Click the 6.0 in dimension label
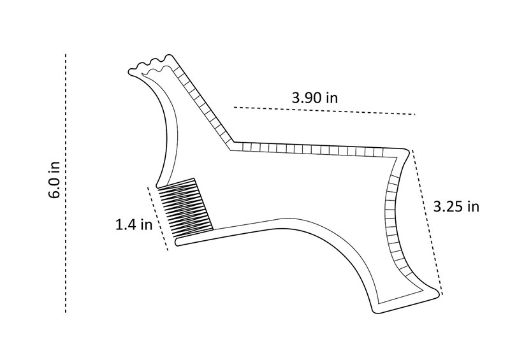point(54,179)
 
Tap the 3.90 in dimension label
point(314,97)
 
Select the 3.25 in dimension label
point(456,206)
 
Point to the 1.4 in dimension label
point(134,224)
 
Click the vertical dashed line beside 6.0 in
point(66,183)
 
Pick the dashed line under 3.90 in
point(324,111)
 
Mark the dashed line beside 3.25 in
point(427,222)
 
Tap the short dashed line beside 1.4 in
point(158,219)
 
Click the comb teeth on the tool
point(185,208)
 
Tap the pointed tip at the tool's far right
point(441,292)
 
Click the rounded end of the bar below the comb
point(177,242)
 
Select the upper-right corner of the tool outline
point(407,150)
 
